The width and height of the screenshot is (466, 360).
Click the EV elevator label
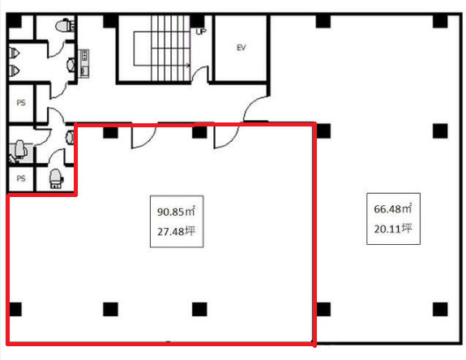pyautogui.click(x=241, y=48)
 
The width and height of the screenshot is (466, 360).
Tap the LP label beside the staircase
pyautogui.click(x=201, y=32)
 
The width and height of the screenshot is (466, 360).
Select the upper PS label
pyautogui.click(x=21, y=102)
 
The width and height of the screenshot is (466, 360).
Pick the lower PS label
pyautogui.click(x=21, y=178)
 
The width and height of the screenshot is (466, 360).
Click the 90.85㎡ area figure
pyautogui.click(x=176, y=212)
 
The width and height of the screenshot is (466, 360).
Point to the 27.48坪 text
pyautogui.click(x=176, y=231)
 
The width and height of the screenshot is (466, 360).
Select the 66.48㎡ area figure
pyautogui.click(x=393, y=208)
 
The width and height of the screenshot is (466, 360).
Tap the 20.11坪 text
pyautogui.click(x=393, y=229)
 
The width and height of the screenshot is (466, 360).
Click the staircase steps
pyautogui.click(x=170, y=48)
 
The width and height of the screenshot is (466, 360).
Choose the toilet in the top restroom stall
pyautogui.click(x=65, y=25)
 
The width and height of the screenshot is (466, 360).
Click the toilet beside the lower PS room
pyautogui.click(x=56, y=178)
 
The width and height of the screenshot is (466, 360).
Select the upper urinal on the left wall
pyautogui.click(x=14, y=54)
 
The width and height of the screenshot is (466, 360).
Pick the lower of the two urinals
pyautogui.click(x=14, y=71)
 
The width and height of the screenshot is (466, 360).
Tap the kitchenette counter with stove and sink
pyautogui.click(x=83, y=63)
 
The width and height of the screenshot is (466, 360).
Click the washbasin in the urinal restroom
pyautogui.click(x=71, y=65)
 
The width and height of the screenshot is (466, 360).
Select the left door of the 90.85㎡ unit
pyautogui.click(x=143, y=136)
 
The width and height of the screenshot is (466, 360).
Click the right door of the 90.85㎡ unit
pyautogui.click(x=226, y=136)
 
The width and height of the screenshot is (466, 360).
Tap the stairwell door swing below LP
pyautogui.click(x=200, y=74)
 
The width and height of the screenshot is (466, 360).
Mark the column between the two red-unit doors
pyautogui.click(x=199, y=132)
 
